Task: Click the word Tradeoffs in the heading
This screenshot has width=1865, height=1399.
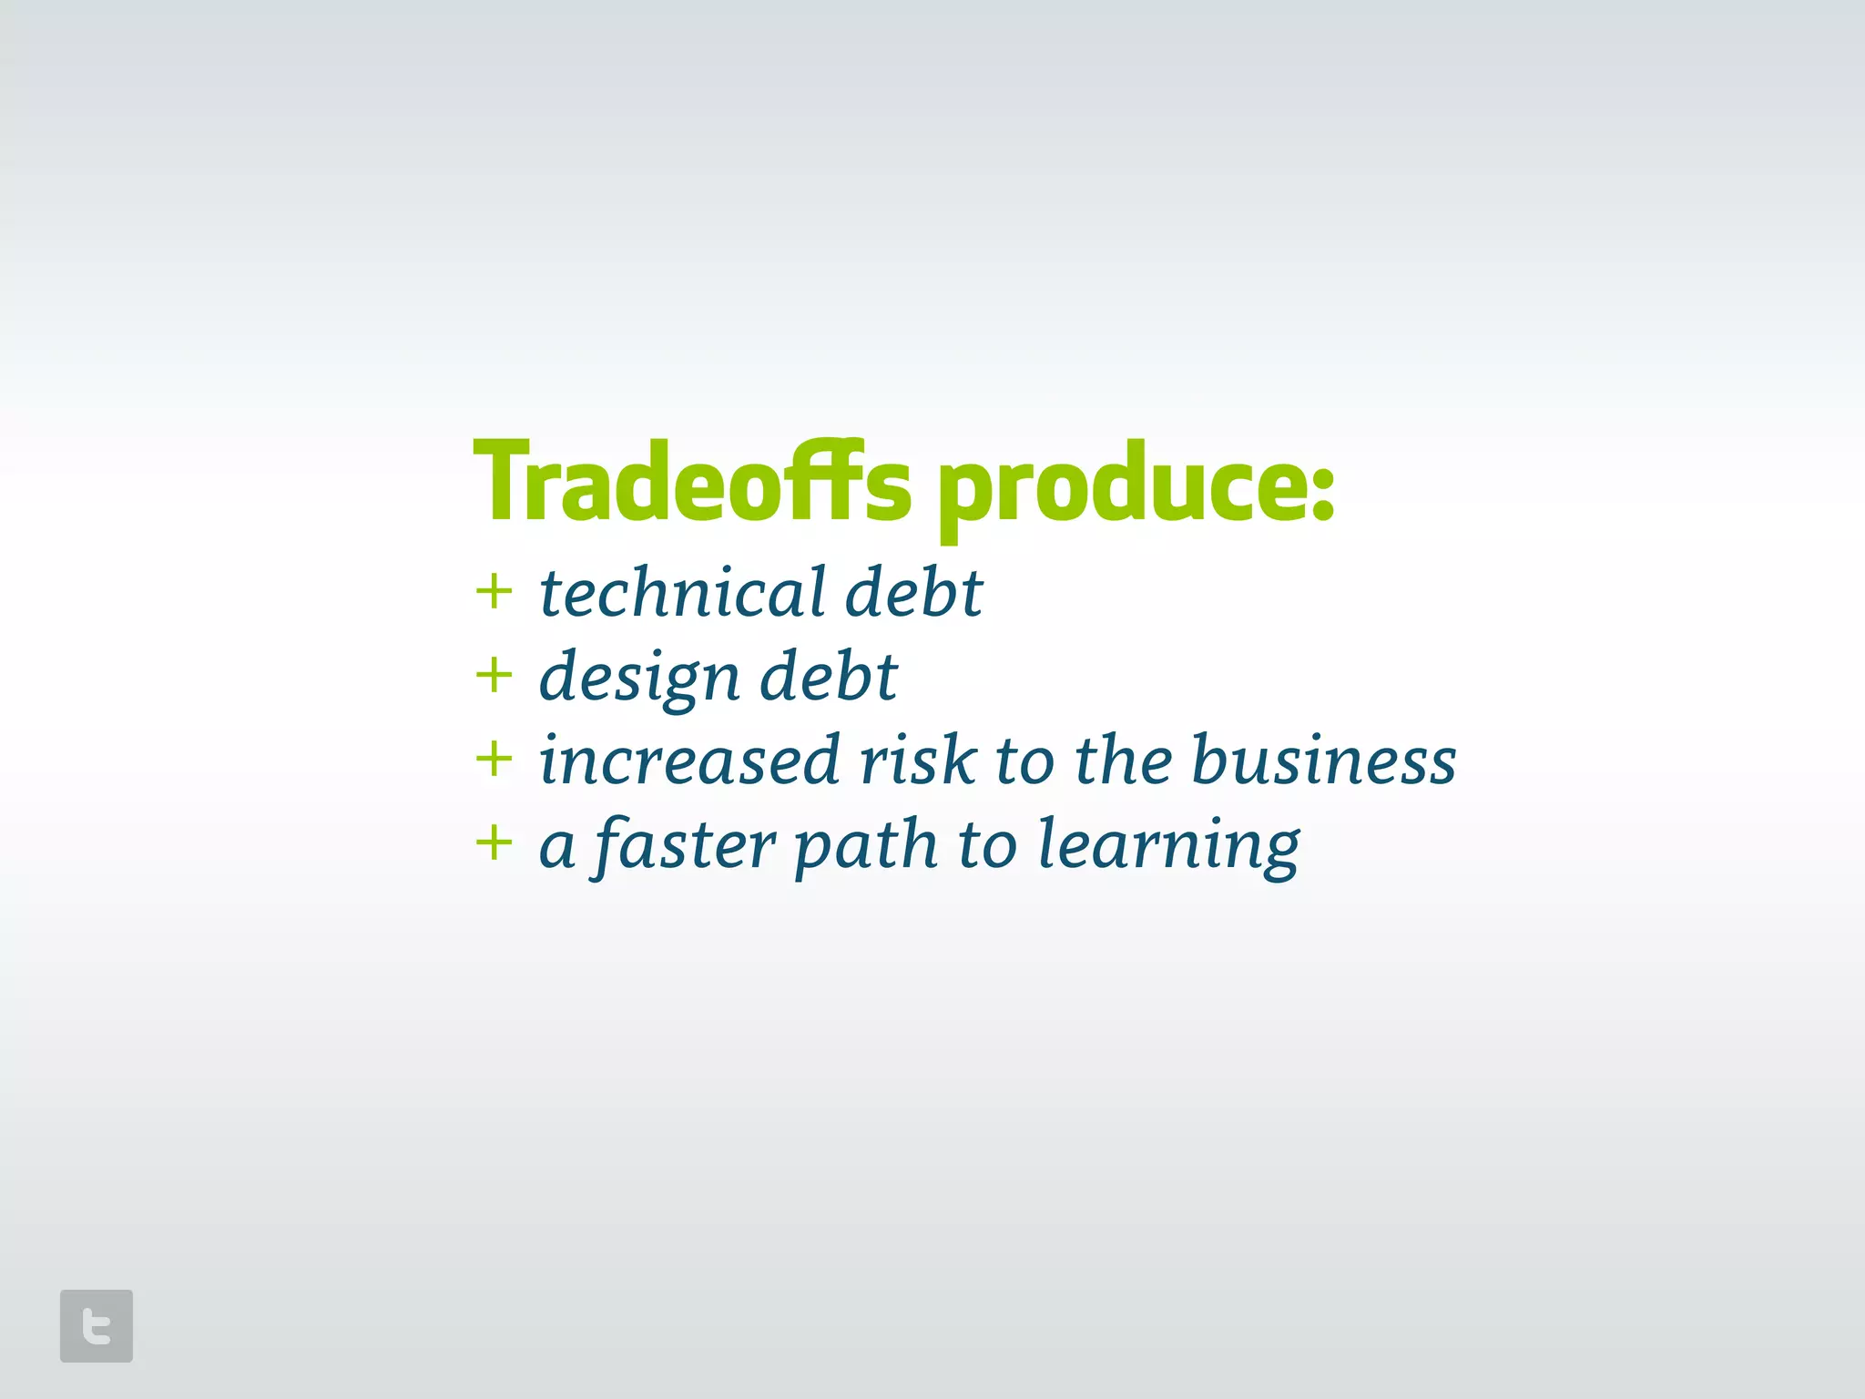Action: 692,483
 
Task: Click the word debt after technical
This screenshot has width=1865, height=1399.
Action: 914,592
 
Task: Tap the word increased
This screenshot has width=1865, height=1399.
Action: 689,761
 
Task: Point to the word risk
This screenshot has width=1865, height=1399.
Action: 918,761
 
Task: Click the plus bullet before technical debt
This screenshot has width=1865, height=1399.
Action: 494,592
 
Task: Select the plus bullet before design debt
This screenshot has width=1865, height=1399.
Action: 494,676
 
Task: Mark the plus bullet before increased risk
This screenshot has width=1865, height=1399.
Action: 494,759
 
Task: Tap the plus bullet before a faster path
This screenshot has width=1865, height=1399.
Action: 494,842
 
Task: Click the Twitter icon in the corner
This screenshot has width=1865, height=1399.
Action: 97,1325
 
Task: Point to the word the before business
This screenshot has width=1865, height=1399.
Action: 1122,761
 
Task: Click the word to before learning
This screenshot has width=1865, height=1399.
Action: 987,845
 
